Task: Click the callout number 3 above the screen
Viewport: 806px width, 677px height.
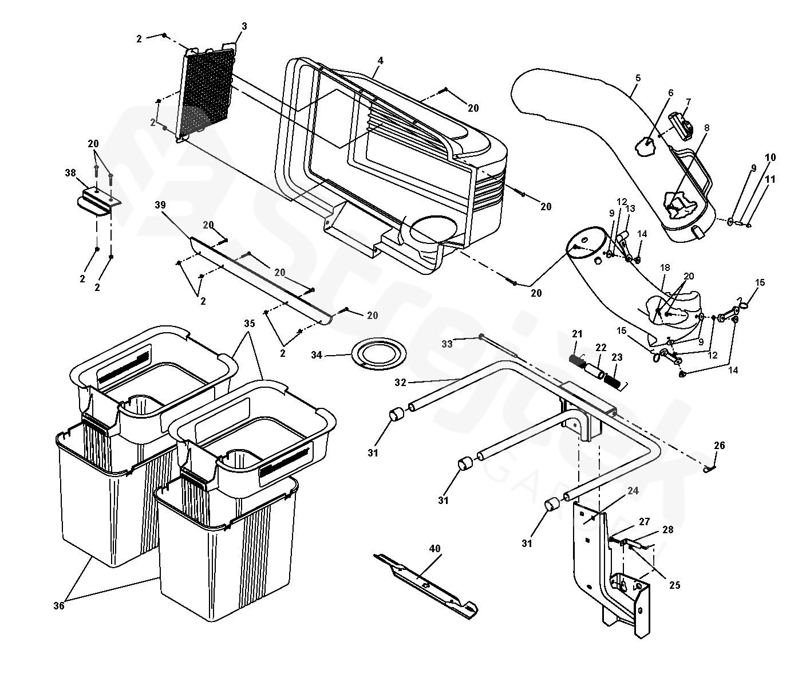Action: tap(244, 26)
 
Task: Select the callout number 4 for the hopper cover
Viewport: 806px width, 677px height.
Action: tap(381, 61)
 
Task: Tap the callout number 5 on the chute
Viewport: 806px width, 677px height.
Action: tap(638, 78)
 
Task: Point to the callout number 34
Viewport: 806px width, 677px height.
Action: tap(317, 355)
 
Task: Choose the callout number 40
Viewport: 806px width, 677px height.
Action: tap(434, 549)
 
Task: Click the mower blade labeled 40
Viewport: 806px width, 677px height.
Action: tap(426, 587)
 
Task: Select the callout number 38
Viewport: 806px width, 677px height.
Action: tap(70, 172)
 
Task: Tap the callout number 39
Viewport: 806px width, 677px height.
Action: tap(160, 204)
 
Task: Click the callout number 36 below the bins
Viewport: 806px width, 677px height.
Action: tap(58, 606)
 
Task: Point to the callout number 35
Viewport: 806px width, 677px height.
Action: tap(250, 323)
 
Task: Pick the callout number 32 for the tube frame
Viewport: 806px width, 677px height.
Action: tap(400, 383)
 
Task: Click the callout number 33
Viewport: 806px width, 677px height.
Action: tap(447, 344)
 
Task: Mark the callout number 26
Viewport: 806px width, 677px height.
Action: tap(720, 445)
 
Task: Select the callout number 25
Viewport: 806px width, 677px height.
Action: tap(675, 585)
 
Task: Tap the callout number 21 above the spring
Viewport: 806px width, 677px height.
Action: tap(577, 334)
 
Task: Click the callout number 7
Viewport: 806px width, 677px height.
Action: tap(689, 101)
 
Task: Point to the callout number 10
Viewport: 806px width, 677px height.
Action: tap(770, 158)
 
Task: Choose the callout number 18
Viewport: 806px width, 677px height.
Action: tap(665, 267)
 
